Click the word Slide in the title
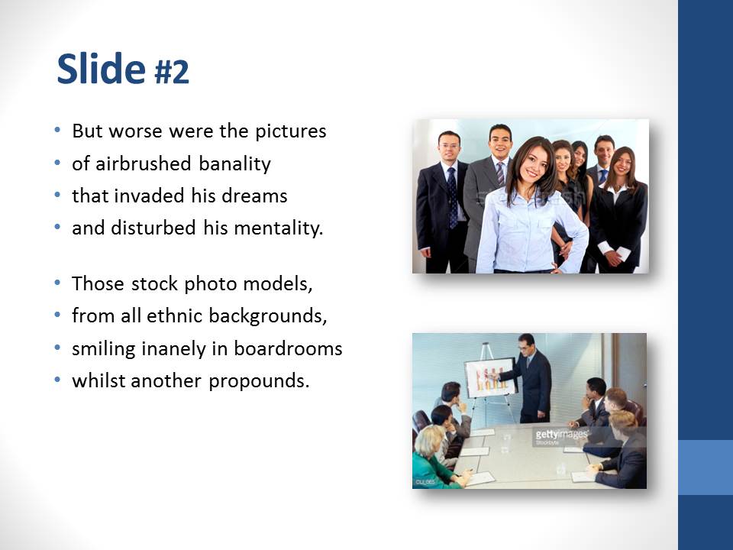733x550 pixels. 100,70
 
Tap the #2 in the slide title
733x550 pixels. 171,73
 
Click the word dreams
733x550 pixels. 261,196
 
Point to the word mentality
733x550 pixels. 283,228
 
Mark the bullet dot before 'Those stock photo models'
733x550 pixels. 59,284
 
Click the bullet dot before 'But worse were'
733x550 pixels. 59,131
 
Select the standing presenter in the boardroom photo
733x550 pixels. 533,377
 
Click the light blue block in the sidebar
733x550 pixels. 706,467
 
